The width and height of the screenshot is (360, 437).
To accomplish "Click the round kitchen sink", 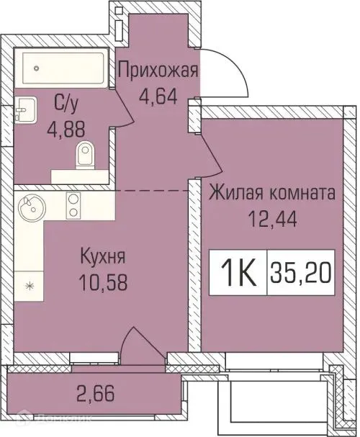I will point(31,210).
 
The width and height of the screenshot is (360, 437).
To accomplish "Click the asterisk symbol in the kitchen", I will point(28,286).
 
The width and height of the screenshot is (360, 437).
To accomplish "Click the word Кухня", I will point(103,256).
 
